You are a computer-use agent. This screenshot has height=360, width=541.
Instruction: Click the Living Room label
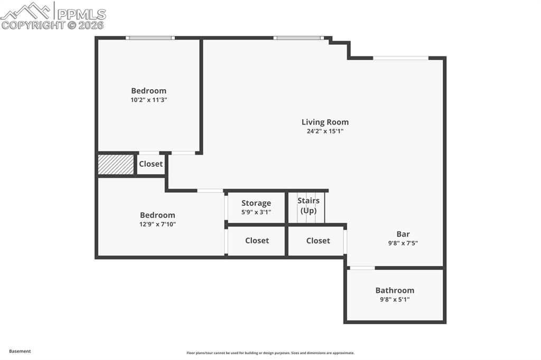pyautogui.click(x=325, y=122)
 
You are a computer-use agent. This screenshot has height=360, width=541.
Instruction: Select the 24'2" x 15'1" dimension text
pyautogui.click(x=325, y=131)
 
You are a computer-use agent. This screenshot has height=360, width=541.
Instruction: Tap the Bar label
pyautogui.click(x=403, y=234)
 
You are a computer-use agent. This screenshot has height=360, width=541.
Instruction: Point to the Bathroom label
pyautogui.click(x=395, y=290)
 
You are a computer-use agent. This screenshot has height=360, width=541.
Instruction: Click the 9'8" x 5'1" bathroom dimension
pyautogui.click(x=395, y=299)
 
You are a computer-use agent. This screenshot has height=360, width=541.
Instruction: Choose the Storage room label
pyautogui.click(x=256, y=203)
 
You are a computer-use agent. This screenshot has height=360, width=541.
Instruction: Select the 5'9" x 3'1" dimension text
pyautogui.click(x=256, y=212)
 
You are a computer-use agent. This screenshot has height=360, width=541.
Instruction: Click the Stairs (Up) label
pyautogui.click(x=308, y=205)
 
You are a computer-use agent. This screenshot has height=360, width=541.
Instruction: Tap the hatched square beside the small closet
pyautogui.click(x=116, y=165)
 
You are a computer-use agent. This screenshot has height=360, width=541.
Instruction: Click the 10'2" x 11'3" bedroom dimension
pyautogui.click(x=148, y=100)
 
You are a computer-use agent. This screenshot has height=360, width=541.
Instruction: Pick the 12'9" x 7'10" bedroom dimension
pyautogui.click(x=157, y=224)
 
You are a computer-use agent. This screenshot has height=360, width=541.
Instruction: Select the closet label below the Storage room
pyautogui.click(x=257, y=241)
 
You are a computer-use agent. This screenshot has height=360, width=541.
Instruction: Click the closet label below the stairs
pyautogui.click(x=318, y=241)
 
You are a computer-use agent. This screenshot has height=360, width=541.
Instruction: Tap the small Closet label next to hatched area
pyautogui.click(x=151, y=164)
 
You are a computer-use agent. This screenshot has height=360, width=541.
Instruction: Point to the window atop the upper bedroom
pyautogui.click(x=150, y=38)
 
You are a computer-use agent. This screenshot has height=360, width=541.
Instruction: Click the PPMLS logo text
pyautogui.click(x=81, y=14)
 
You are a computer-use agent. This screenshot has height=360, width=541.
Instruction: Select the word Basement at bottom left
pyautogui.click(x=20, y=351)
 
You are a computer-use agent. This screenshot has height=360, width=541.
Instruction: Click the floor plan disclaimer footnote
pyautogui.click(x=270, y=353)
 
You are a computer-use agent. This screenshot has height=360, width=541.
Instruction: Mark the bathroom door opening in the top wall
pyautogui.click(x=362, y=268)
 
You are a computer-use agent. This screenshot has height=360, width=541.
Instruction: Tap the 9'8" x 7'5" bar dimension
pyautogui.click(x=403, y=243)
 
